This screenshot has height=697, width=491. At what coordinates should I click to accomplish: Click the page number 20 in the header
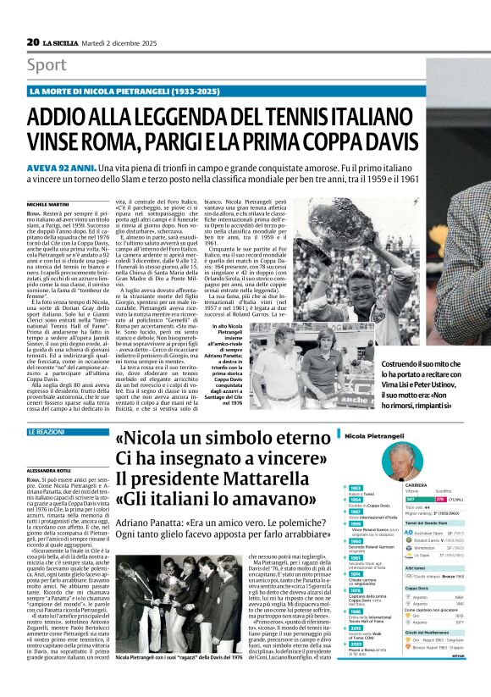[33, 41]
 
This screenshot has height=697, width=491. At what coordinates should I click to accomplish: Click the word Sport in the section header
[47, 65]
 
